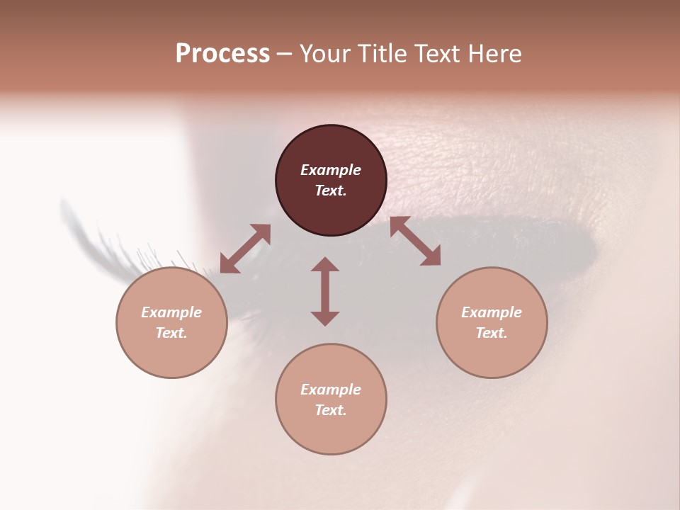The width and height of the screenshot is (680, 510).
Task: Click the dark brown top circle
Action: coord(331,180)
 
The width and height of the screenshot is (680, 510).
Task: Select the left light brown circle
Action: coord(171,322)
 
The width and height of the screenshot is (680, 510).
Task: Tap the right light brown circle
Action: coord(492,322)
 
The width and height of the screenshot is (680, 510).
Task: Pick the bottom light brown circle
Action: coord(331,399)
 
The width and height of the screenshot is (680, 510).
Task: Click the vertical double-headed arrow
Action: coord(325,291)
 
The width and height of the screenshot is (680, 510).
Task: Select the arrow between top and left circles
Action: coord(245,249)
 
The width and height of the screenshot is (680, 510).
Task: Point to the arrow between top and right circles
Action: coord(416,241)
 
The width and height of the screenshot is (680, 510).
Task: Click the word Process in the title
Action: coord(222,54)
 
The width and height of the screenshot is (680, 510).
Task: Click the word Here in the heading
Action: coord(495,54)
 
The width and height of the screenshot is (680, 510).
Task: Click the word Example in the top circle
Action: coord(331,170)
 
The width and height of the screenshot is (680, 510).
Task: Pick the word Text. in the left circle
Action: coord(171,333)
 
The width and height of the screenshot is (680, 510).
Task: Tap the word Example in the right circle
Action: coord(492,312)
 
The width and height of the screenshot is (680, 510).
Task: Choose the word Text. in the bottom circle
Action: coord(331,410)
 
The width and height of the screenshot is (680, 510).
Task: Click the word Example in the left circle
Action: coord(171,312)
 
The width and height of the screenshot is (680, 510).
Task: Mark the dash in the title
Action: coord(284,54)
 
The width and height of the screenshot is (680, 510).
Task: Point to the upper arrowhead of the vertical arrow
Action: coord(325,264)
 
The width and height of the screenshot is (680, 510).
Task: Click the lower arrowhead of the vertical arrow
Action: coord(325,318)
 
